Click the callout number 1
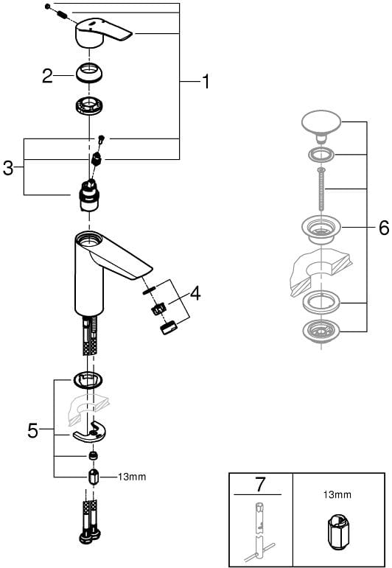click(206, 81)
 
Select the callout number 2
click(47, 76)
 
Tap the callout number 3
click(8, 168)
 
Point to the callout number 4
click(195, 292)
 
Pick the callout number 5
click(32, 430)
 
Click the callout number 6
click(384, 228)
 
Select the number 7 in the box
click(260, 485)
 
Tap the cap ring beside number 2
click(89, 73)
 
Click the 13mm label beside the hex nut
click(132, 477)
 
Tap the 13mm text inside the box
click(337, 494)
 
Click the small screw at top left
click(47, 7)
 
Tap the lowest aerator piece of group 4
click(169, 328)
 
